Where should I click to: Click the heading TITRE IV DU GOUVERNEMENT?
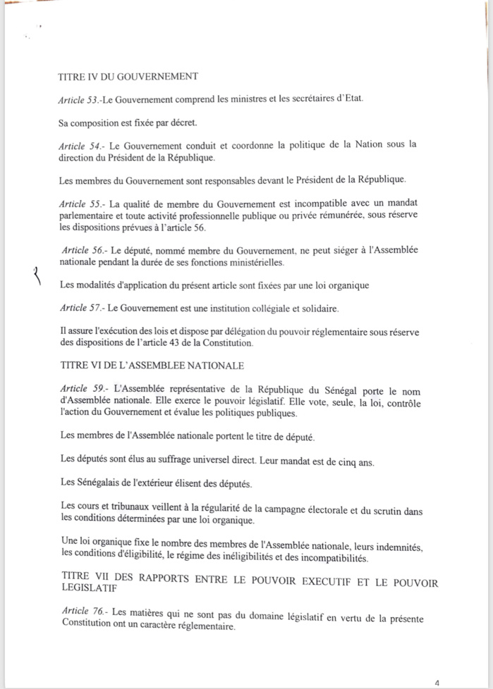(x=128, y=77)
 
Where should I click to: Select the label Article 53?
(x=79, y=101)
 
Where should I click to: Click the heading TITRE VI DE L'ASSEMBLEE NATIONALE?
(x=153, y=365)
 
